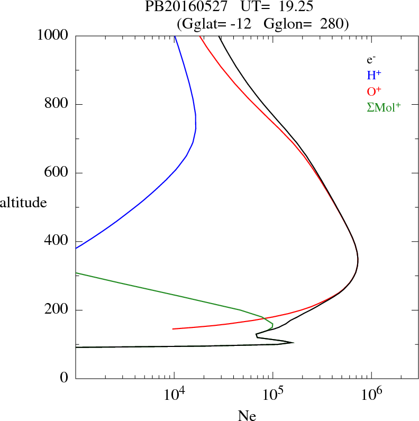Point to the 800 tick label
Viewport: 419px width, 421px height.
pos(56,104)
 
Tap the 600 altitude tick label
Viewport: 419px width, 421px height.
pos(56,173)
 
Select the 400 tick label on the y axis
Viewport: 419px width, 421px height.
pos(56,241)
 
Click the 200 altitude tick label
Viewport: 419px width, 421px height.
pos(56,310)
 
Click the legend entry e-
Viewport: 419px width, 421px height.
pos(371,60)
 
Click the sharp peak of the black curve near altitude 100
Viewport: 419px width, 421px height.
pos(293,343)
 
